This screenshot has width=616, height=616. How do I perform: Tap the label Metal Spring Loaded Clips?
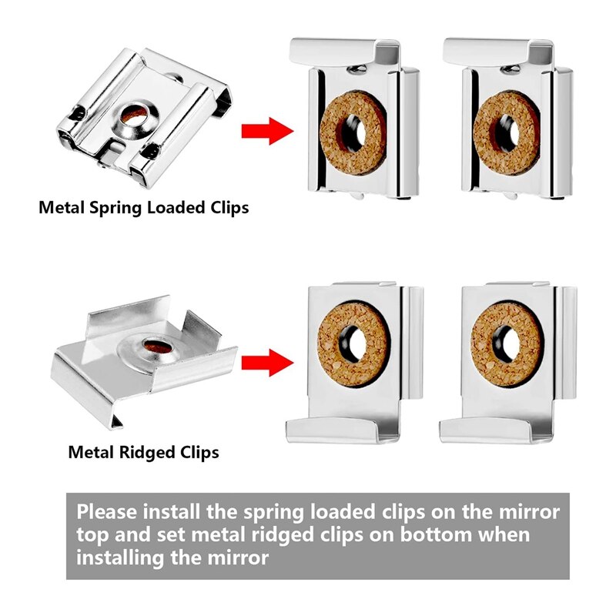tap(144, 207)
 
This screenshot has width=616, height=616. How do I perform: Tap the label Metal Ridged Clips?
tap(144, 452)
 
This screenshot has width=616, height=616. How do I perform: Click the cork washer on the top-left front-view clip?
tap(351, 128)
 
